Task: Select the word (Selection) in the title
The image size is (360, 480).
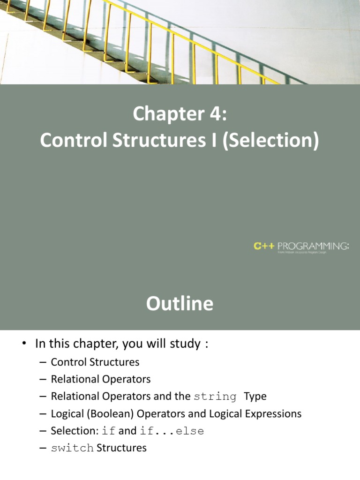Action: click(x=271, y=141)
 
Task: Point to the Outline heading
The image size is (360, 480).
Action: click(x=180, y=304)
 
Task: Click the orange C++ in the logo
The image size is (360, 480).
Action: click(x=264, y=245)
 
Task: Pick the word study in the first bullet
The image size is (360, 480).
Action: click(x=184, y=344)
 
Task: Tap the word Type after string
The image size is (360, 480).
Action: click(x=255, y=397)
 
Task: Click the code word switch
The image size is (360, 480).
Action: click(x=72, y=448)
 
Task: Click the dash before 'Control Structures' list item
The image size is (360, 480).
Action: click(x=43, y=362)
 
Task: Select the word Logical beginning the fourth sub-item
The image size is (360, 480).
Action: click(x=66, y=413)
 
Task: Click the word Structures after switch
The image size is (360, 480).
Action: click(x=121, y=448)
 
